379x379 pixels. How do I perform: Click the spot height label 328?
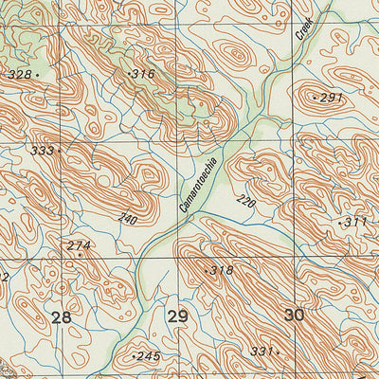[x=18, y=74]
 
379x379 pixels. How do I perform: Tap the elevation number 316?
[x=144, y=73]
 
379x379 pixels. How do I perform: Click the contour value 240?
[x=127, y=220]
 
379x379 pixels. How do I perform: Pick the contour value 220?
[x=245, y=201]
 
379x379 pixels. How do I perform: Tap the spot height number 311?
[x=355, y=222]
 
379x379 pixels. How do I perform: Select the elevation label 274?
[x=79, y=246]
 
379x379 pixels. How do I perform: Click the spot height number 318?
[x=222, y=271]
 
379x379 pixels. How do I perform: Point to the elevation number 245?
[x=149, y=356]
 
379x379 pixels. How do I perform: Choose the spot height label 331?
[x=261, y=352]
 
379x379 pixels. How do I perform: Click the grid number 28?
[x=62, y=316]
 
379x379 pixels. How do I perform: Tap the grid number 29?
[x=177, y=316]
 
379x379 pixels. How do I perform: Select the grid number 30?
[x=295, y=316]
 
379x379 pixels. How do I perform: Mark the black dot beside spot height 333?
[x=59, y=150]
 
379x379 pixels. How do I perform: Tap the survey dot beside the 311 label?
[x=339, y=222]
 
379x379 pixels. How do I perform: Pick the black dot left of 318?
[x=206, y=271]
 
